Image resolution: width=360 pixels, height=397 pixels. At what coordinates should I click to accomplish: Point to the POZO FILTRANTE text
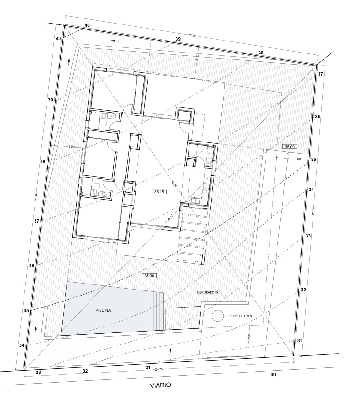[243, 316]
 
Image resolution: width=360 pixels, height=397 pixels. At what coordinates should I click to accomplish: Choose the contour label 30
[273, 375]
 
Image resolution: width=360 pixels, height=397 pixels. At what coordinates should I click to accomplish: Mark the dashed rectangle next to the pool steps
[183, 318]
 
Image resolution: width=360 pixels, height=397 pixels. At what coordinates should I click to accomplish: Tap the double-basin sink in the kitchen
[195, 201]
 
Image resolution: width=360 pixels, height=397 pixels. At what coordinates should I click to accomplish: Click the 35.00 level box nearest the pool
[149, 276]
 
